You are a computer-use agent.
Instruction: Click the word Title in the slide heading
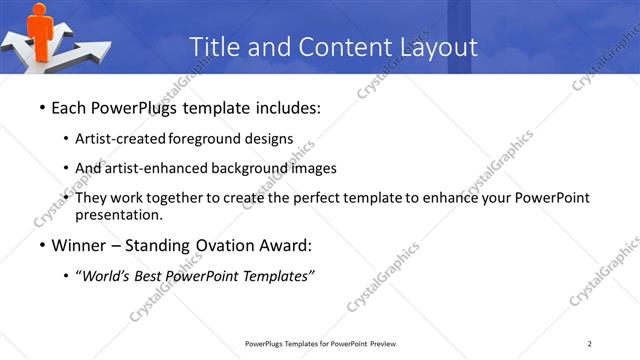click(213, 47)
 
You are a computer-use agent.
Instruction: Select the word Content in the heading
click(332, 47)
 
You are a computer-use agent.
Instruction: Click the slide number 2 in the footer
click(590, 344)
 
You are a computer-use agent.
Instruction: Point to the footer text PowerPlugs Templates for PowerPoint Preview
click(320, 344)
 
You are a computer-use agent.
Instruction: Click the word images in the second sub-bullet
click(312, 168)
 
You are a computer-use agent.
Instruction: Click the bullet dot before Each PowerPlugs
click(41, 108)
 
